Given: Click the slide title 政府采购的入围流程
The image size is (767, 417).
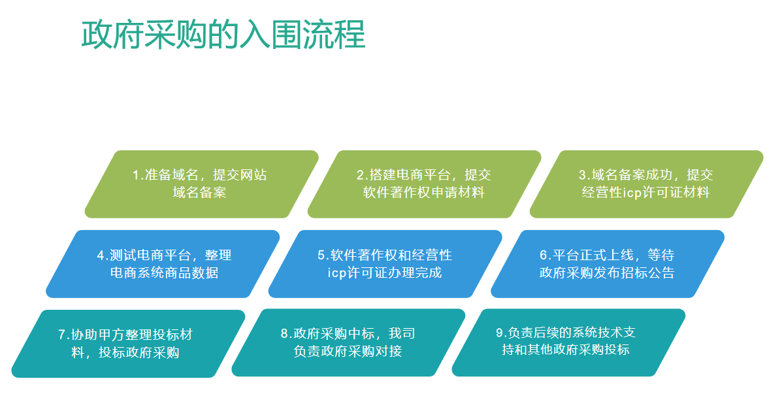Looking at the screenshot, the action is pyautogui.click(x=223, y=35).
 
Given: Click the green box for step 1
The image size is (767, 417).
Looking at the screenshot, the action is pyautogui.click(x=201, y=184).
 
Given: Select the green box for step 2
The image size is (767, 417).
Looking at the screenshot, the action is pyautogui.click(x=424, y=184).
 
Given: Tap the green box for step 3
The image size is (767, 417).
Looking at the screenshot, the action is pyautogui.click(x=646, y=184).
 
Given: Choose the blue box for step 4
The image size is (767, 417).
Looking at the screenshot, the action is pyautogui.click(x=163, y=264).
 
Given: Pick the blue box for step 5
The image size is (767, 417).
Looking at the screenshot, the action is pyautogui.click(x=385, y=264).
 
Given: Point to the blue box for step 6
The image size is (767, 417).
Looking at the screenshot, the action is pyautogui.click(x=608, y=264).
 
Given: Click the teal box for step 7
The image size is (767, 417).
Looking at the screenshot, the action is pyautogui.click(x=128, y=344).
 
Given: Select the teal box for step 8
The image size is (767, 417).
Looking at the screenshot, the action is pyautogui.click(x=348, y=342).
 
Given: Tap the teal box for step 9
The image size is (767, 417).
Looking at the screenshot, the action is pyautogui.click(x=568, y=342).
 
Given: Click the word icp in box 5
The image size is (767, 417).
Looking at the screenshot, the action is pyautogui.click(x=337, y=273).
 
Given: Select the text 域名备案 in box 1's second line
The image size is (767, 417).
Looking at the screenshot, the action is pyautogui.click(x=199, y=192).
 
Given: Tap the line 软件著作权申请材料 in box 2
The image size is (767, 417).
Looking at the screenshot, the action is pyautogui.click(x=423, y=192).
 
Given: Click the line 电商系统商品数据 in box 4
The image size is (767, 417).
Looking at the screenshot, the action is pyautogui.click(x=165, y=273).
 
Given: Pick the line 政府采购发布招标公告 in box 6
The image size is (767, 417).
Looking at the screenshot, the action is pyautogui.click(x=607, y=273).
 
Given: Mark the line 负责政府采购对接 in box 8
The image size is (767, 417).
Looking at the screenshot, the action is pyautogui.click(x=348, y=351).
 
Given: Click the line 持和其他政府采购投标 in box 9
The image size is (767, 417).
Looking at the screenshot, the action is pyautogui.click(x=566, y=350).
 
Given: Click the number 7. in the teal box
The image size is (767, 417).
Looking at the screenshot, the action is pyautogui.click(x=63, y=335).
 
